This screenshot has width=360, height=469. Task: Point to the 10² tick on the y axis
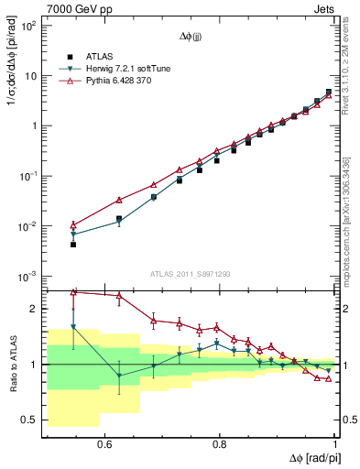pyautogui.click(x=30, y=26)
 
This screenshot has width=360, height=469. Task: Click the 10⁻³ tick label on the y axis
pyautogui.click(x=30, y=276)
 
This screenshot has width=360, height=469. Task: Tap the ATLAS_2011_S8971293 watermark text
pyautogui.click(x=190, y=274)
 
